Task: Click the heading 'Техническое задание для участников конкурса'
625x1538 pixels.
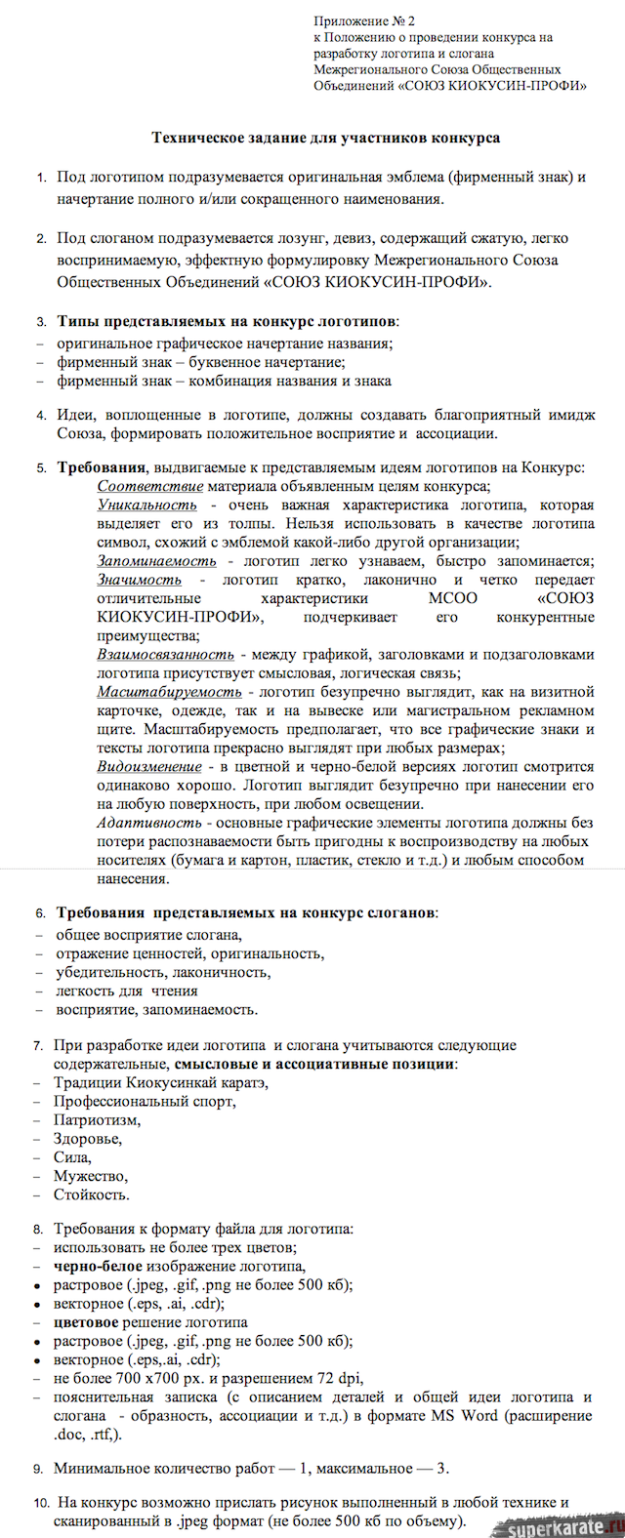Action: click(325, 138)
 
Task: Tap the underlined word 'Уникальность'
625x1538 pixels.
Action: click(146, 505)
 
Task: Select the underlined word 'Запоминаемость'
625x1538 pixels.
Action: click(156, 561)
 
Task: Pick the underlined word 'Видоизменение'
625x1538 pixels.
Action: click(149, 767)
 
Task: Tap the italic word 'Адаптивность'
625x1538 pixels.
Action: click(145, 823)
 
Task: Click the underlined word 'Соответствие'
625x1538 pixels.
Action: click(150, 486)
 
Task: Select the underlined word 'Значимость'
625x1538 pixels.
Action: click(139, 580)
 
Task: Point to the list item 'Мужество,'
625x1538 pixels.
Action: click(90, 1176)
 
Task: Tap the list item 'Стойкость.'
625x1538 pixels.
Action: click(92, 1194)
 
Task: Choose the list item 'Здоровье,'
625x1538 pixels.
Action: click(88, 1139)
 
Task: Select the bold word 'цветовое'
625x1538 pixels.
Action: click(86, 1323)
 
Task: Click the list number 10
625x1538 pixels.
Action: click(41, 1504)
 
